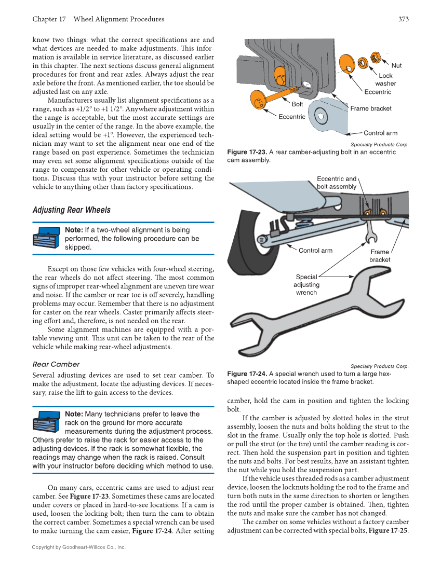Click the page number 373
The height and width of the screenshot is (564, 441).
pyautogui.click(x=404, y=19)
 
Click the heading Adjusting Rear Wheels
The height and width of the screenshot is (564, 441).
pyautogui.click(x=71, y=210)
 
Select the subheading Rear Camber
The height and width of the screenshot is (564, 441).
pyautogui.click(x=56, y=364)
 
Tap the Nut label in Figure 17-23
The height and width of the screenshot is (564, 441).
pyautogui.click(x=396, y=65)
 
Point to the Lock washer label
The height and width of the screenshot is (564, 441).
pyautogui.click(x=385, y=79)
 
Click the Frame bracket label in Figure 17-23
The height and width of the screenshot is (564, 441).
pyautogui.click(x=371, y=108)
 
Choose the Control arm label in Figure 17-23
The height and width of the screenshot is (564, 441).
pyautogui.click(x=380, y=133)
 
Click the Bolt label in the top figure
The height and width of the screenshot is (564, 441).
pyautogui.click(x=297, y=104)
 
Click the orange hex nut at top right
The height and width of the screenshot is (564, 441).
pyautogui.click(x=376, y=56)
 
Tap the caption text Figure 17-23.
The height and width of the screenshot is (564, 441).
pyautogui.click(x=247, y=152)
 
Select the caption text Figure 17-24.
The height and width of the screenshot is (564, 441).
pyautogui.click(x=247, y=374)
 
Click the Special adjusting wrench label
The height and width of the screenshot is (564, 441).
pyautogui.click(x=306, y=285)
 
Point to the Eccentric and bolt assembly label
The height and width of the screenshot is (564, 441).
pyautogui.click(x=337, y=183)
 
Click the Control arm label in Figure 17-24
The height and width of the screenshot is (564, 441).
pyautogui.click(x=315, y=251)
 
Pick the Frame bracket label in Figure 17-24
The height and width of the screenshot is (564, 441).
pyautogui.click(x=380, y=256)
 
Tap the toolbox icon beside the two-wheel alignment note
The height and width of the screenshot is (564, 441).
pyautogui.click(x=47, y=238)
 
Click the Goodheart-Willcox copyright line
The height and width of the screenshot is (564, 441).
pyautogui.click(x=78, y=547)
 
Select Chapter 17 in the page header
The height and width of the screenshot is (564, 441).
pyautogui.click(x=49, y=19)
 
